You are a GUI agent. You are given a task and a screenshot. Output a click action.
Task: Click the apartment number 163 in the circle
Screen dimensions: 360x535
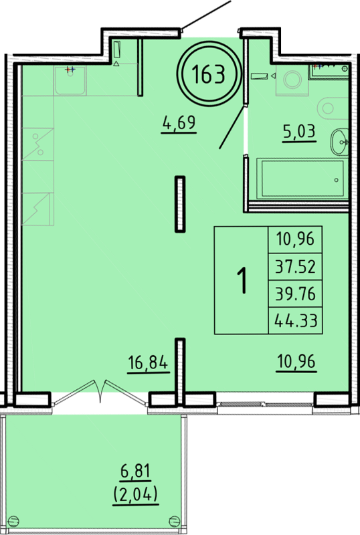point(209,74)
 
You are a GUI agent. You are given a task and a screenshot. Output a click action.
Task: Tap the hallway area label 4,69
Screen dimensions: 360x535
point(179,122)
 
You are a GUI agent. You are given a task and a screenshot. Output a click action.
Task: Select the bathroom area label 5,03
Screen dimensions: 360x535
point(299,130)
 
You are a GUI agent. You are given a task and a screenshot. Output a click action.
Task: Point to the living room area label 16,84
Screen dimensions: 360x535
point(149,362)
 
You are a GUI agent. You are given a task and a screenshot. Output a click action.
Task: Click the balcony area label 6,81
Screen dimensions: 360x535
point(136,471)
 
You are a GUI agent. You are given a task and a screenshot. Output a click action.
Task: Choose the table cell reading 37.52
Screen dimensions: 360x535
point(296,266)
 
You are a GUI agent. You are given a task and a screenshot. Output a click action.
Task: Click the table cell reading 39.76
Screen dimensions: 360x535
point(296,294)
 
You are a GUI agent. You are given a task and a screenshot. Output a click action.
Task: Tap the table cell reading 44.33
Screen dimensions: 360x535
point(296,321)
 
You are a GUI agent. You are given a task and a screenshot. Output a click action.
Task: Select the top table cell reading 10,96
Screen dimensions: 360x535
point(296,239)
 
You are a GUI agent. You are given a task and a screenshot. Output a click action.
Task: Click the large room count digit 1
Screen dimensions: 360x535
point(242,280)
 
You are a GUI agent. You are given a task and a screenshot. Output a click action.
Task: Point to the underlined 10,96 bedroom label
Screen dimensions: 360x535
point(296,362)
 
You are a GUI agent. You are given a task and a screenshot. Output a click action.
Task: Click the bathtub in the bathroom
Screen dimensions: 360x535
point(302,178)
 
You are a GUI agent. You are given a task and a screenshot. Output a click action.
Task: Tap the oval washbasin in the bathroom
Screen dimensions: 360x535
point(339,141)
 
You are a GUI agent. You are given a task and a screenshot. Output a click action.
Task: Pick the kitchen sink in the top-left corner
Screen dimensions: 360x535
point(70,80)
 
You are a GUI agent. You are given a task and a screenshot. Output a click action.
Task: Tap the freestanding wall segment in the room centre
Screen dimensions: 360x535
point(180,205)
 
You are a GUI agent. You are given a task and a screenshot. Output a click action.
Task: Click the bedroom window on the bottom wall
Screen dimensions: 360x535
point(264,405)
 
